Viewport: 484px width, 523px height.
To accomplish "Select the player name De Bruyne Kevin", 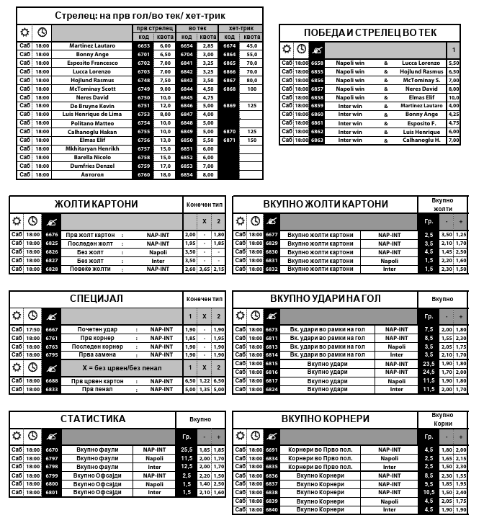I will [x=92, y=106].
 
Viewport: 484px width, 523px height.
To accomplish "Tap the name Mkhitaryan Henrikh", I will [x=92, y=148].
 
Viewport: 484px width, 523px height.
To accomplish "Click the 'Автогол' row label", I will [x=92, y=174].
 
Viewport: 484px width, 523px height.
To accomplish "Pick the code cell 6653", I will [x=143, y=45].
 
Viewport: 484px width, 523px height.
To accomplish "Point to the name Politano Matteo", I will [x=92, y=123].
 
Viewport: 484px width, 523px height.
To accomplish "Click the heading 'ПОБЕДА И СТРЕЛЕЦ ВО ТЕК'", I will [x=370, y=33].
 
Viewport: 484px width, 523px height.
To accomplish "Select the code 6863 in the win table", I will [x=318, y=140].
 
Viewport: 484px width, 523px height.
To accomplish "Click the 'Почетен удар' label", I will [x=97, y=329].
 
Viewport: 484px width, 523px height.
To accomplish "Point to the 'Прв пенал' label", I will [x=97, y=389].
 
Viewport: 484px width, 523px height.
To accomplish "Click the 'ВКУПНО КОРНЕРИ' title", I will [x=326, y=419].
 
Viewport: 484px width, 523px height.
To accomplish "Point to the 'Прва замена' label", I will [x=97, y=354].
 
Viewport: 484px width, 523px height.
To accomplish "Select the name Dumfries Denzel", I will [x=92, y=166].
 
